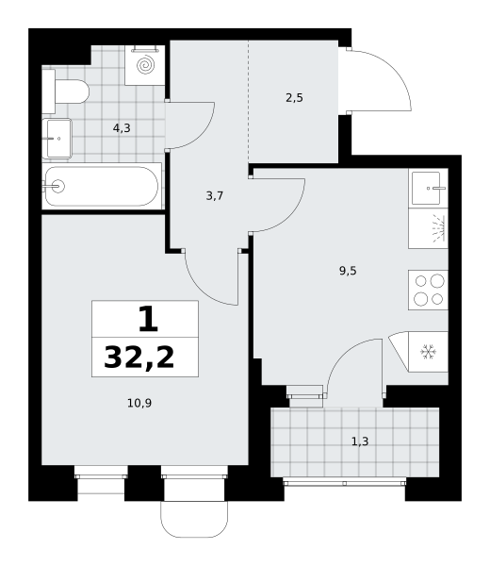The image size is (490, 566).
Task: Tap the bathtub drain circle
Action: click(x=57, y=186)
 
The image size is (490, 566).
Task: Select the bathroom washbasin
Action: click(x=57, y=139)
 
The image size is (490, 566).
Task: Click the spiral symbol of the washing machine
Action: click(x=146, y=65)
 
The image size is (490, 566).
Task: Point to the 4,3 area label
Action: click(x=122, y=128)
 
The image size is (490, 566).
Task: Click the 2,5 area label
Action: click(x=294, y=98)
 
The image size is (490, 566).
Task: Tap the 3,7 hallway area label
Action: click(x=215, y=196)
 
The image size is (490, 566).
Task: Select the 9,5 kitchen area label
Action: click(x=348, y=271)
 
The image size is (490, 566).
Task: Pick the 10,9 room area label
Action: click(x=139, y=403)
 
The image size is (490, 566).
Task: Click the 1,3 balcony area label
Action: click(x=360, y=441)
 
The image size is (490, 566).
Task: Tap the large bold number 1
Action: click(x=148, y=319)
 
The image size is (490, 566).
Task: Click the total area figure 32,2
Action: click(x=139, y=357)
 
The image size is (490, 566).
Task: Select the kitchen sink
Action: click(x=428, y=188)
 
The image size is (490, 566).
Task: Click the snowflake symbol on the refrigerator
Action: click(x=429, y=352)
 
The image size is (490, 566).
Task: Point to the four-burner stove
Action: click(x=428, y=290)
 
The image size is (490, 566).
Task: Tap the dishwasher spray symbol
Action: click(x=438, y=228)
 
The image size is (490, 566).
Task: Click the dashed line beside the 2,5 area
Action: click(x=249, y=102)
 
